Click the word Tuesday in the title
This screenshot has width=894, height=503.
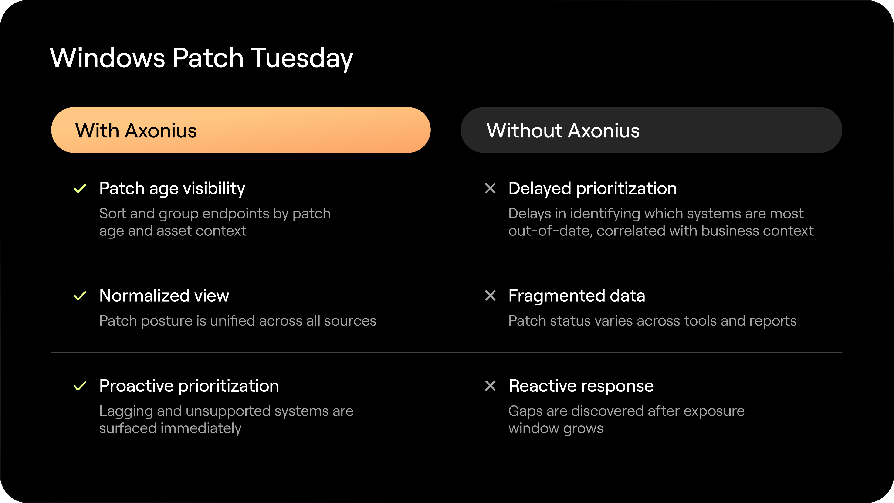301,58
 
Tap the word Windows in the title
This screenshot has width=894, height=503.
108,58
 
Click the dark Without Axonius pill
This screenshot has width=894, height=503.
651,130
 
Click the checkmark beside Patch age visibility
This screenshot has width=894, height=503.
80,188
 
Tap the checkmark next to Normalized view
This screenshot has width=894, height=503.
80,296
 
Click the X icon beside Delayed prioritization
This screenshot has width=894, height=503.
490,188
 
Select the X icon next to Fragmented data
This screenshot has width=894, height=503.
490,296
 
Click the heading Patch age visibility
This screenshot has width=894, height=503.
172,188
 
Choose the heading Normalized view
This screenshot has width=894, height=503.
164,296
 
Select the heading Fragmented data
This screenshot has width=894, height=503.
576,296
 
